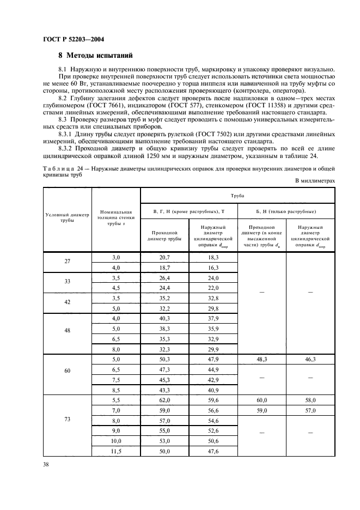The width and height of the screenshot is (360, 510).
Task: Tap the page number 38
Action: [x=46, y=465]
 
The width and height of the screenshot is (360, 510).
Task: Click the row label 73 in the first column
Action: [x=68, y=421]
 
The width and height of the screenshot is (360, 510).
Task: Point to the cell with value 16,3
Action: [x=213, y=268]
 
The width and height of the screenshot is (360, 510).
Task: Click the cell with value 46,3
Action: [x=310, y=360]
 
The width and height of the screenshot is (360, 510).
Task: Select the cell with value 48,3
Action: [x=262, y=360]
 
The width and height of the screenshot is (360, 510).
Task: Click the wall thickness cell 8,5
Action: [x=116, y=390]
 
